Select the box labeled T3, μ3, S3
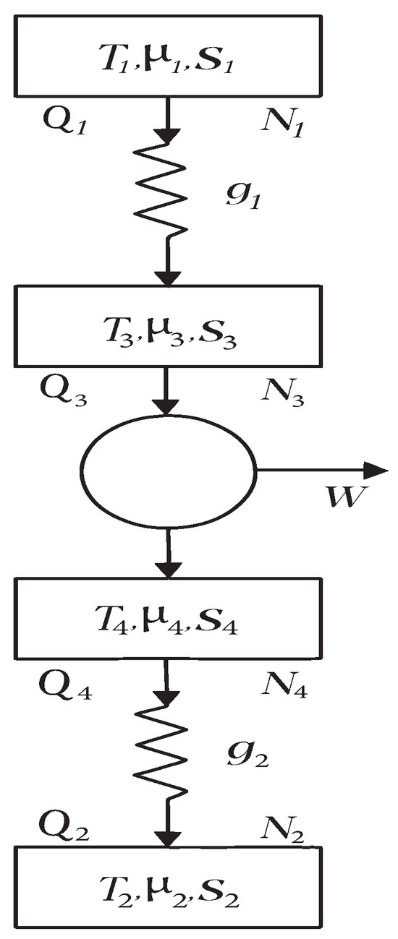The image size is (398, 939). coord(168,325)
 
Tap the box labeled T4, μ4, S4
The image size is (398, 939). coord(168,619)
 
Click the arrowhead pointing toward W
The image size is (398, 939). coord(378,471)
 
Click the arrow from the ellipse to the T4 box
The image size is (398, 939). coord(168,554)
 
